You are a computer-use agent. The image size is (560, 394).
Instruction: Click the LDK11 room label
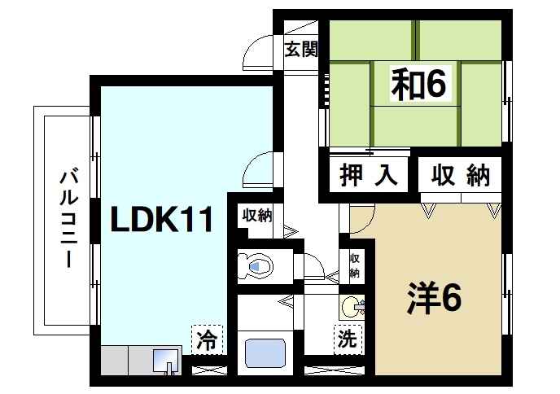click(x=162, y=220)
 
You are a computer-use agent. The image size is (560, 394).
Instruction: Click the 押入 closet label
click(x=368, y=174)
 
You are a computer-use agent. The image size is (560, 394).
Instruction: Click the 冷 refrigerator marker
click(x=207, y=339)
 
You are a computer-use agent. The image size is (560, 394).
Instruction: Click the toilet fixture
click(x=256, y=265)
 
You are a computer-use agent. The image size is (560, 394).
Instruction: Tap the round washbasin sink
click(x=353, y=307)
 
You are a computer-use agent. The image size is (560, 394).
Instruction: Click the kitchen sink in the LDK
click(x=165, y=359)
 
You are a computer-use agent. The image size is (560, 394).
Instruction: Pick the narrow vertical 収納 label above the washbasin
click(x=354, y=265)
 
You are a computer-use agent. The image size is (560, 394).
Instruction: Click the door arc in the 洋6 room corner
click(x=360, y=216)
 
